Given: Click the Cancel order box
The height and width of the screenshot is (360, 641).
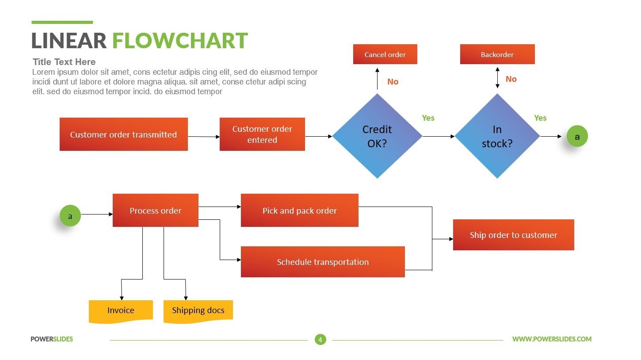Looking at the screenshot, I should click(385, 54).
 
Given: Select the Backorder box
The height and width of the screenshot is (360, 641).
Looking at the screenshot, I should click(497, 54).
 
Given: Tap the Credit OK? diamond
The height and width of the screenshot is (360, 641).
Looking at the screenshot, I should click(377, 136).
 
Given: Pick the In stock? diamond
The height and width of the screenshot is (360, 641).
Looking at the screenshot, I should click(497, 136).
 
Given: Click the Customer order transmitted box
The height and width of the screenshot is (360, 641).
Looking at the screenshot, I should click(123, 134).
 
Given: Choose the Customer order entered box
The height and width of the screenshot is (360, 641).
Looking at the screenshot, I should click(262, 134).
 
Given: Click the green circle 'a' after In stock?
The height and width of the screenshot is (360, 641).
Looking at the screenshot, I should click(577, 137).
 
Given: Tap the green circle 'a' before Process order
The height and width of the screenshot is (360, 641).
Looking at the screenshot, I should click(70, 216).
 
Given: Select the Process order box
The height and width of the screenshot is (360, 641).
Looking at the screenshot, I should click(155, 211).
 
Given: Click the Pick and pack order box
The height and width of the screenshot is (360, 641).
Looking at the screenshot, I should click(299, 211).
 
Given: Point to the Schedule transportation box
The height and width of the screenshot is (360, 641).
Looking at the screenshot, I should click(323, 262).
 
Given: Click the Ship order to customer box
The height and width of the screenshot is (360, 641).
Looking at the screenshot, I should click(513, 235).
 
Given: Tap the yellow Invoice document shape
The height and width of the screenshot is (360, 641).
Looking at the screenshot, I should click(121, 310).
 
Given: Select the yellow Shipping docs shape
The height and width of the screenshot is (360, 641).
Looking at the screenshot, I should click(198, 310).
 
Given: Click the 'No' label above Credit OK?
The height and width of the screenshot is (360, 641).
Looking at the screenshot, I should click(393, 81).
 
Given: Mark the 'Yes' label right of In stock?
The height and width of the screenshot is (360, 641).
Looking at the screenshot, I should click(540, 118).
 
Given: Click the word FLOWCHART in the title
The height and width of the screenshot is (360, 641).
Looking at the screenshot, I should click(179, 41).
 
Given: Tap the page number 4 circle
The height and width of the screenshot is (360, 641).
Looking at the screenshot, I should click(320, 339).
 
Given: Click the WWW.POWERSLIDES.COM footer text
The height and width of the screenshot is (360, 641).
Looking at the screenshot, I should click(552, 339).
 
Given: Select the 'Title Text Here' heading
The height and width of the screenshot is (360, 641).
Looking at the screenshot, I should click(64, 62).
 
